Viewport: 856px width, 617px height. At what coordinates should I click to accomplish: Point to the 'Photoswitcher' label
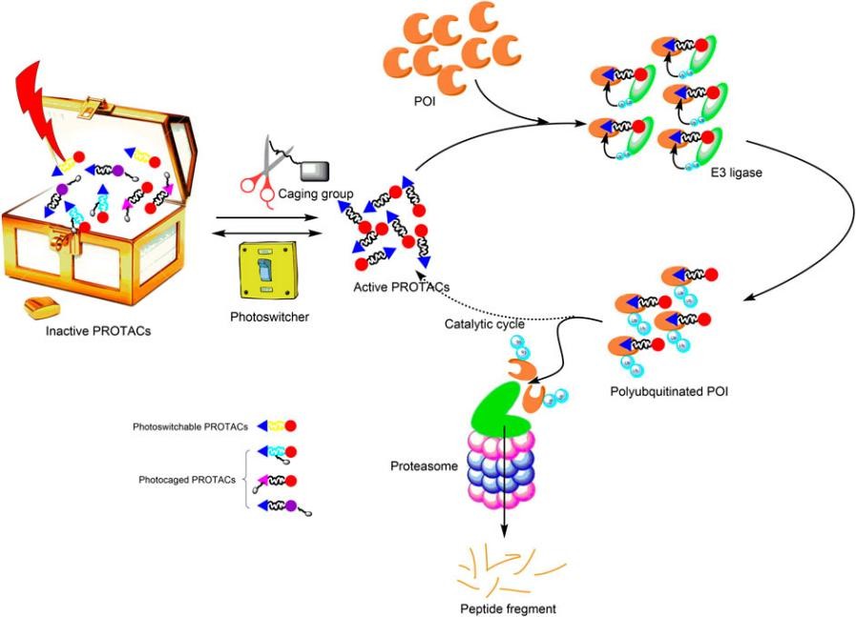(x=269, y=317)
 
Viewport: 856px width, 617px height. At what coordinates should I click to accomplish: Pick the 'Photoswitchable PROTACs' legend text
(x=189, y=426)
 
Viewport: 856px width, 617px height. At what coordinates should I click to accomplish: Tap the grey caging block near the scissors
(x=315, y=171)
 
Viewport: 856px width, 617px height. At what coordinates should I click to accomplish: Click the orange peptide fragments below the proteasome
(x=507, y=571)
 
